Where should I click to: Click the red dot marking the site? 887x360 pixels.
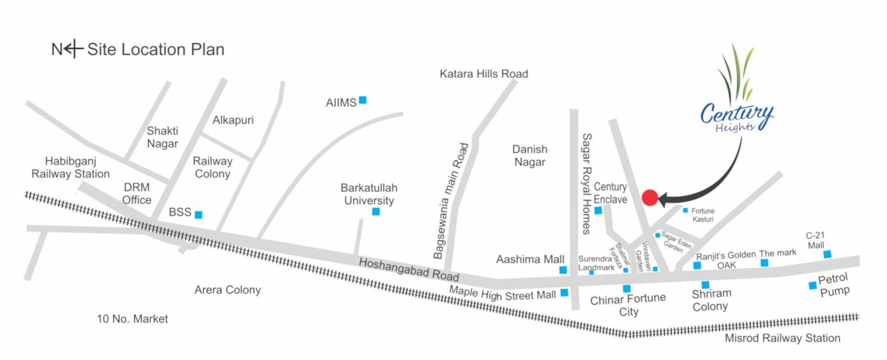[650, 197]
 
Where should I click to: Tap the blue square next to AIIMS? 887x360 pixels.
[363, 100]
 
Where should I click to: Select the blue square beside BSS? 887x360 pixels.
[198, 215]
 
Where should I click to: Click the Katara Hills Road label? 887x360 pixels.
[483, 74]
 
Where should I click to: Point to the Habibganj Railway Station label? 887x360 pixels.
[76, 167]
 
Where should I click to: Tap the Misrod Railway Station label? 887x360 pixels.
[782, 338]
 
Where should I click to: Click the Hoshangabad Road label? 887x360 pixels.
[409, 269]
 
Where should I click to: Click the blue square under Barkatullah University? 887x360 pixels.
[376, 212]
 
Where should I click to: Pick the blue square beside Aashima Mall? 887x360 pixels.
[563, 270]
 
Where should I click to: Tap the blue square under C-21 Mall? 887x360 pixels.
[827, 254]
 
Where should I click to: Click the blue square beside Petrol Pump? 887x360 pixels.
[812, 286]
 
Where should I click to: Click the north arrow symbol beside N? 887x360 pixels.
[74, 48]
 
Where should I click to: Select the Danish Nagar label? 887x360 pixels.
[529, 155]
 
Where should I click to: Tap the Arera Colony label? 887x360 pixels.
[227, 290]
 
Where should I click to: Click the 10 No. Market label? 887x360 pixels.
[132, 319]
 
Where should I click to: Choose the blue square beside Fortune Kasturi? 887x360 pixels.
[686, 210]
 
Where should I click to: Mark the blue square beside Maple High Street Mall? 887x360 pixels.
[564, 292]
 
